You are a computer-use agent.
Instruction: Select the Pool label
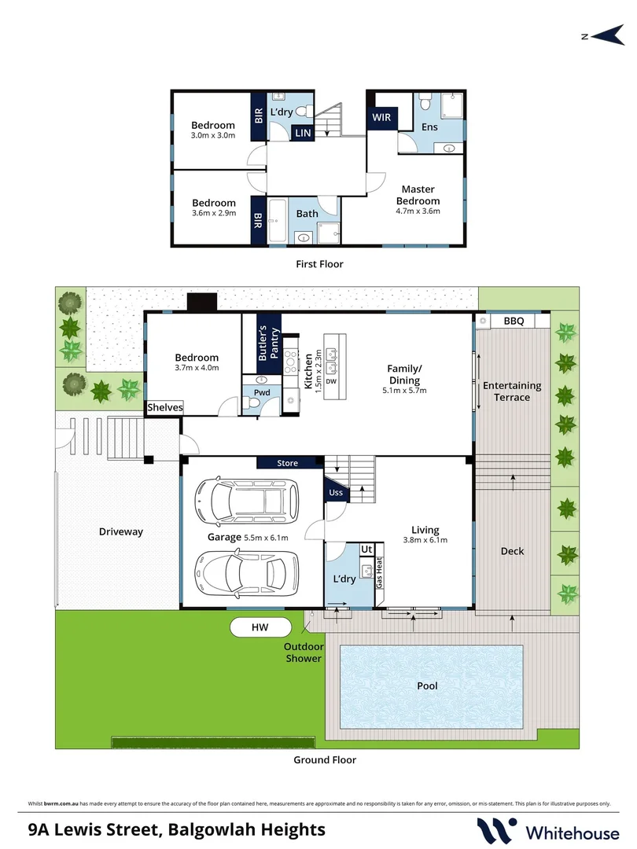click(x=427, y=686)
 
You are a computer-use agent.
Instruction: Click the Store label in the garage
click(x=288, y=463)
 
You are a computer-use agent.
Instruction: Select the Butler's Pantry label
click(x=269, y=343)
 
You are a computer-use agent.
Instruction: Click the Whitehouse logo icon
click(x=497, y=830)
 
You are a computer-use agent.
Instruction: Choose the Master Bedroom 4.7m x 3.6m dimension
click(x=418, y=211)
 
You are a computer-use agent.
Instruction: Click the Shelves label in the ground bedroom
click(x=165, y=407)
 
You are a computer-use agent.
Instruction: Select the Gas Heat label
click(x=378, y=574)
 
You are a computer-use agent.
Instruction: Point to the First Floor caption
click(x=318, y=264)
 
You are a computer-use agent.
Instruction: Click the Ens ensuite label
click(x=429, y=127)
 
